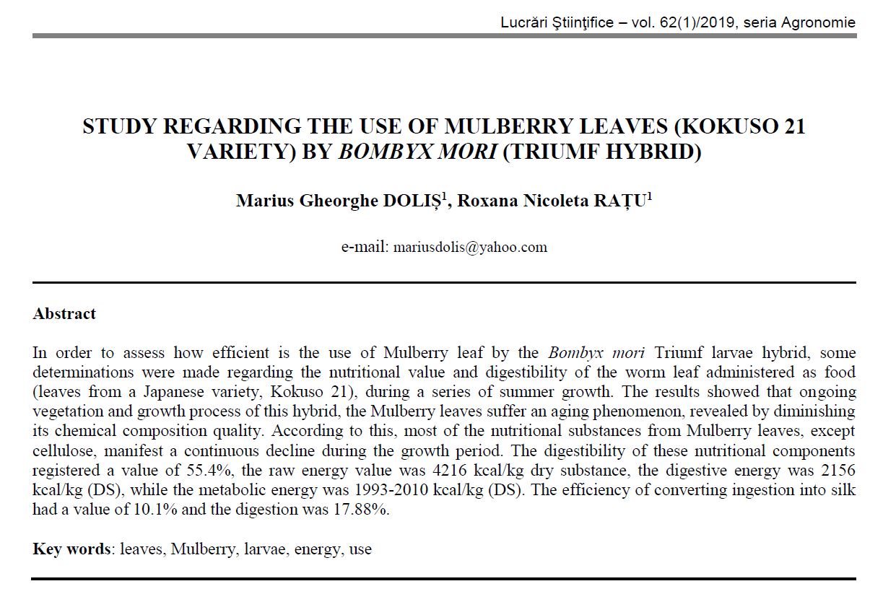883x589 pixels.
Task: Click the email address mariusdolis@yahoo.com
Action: click(469, 247)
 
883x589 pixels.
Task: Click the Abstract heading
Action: click(64, 314)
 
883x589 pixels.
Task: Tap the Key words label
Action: click(71, 549)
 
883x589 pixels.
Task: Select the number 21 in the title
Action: click(793, 126)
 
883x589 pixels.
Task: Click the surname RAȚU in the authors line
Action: click(623, 200)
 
